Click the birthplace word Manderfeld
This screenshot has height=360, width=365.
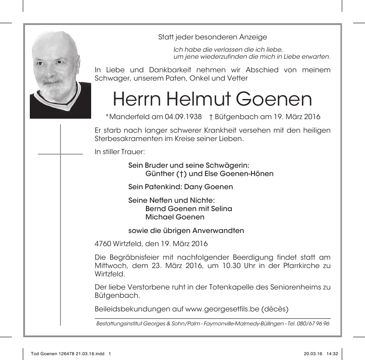tap(130, 117)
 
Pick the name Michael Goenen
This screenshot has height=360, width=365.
tap(175, 217)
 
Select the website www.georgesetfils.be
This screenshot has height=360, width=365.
tap(223, 309)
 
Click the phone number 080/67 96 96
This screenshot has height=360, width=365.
tap(315, 324)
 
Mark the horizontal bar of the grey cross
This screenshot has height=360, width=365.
tap(60, 154)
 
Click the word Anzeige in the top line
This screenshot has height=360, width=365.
tap(253, 37)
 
